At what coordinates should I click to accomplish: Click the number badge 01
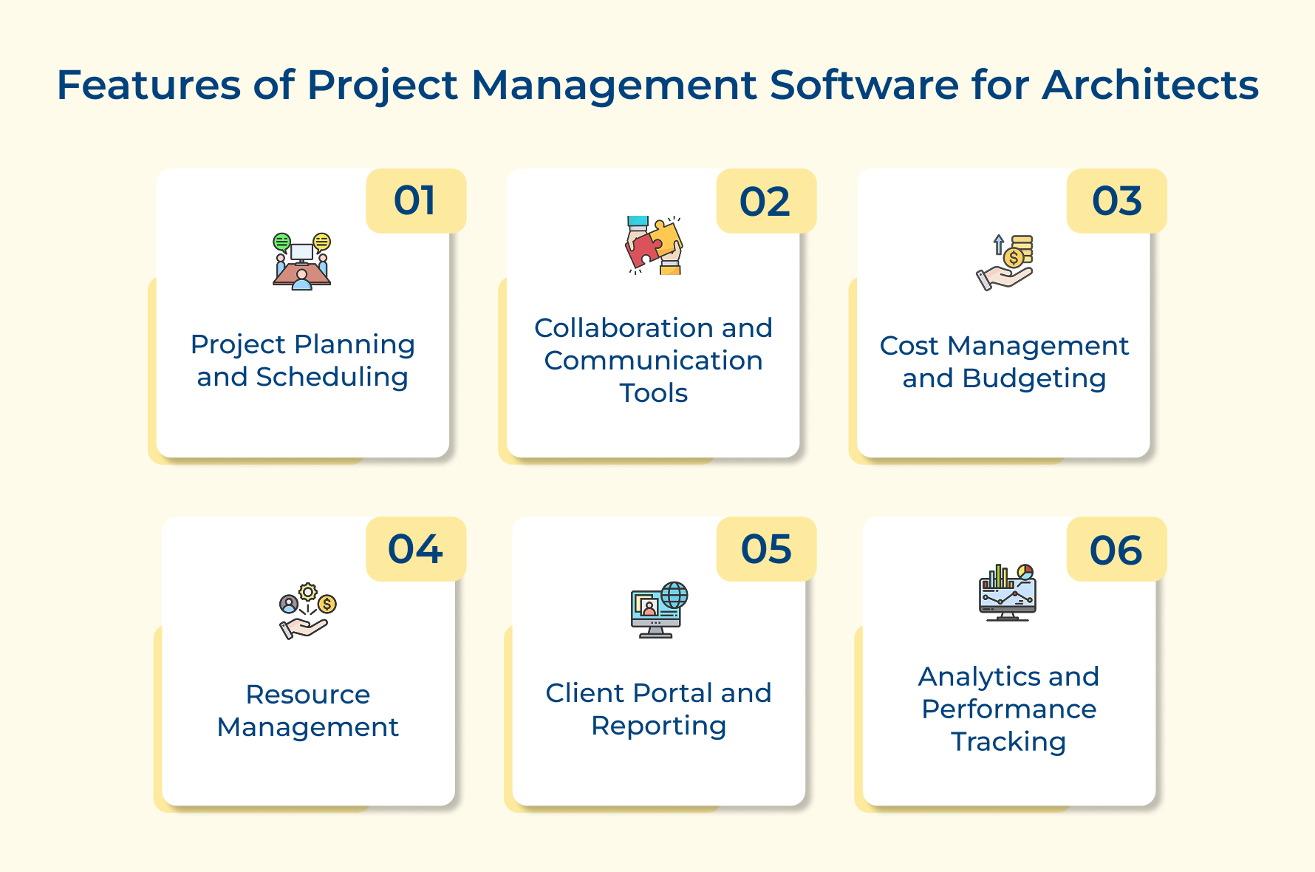tap(416, 201)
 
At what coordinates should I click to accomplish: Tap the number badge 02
tap(766, 201)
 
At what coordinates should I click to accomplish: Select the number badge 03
tap(1116, 201)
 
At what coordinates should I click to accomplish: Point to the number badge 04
tap(416, 549)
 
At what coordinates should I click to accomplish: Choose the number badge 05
tap(766, 549)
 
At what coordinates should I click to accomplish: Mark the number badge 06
tap(1116, 549)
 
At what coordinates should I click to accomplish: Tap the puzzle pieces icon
tap(654, 245)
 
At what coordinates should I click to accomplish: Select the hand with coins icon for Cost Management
tap(1005, 262)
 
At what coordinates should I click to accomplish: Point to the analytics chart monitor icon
tap(1008, 593)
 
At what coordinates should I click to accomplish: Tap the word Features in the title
tap(148, 85)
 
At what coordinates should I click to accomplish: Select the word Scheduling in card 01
tap(332, 378)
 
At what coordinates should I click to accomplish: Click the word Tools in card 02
tap(654, 393)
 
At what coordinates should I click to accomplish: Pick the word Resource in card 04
tap(308, 695)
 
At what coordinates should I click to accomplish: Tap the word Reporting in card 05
tap(659, 726)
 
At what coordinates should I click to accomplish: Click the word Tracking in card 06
tap(1008, 742)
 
